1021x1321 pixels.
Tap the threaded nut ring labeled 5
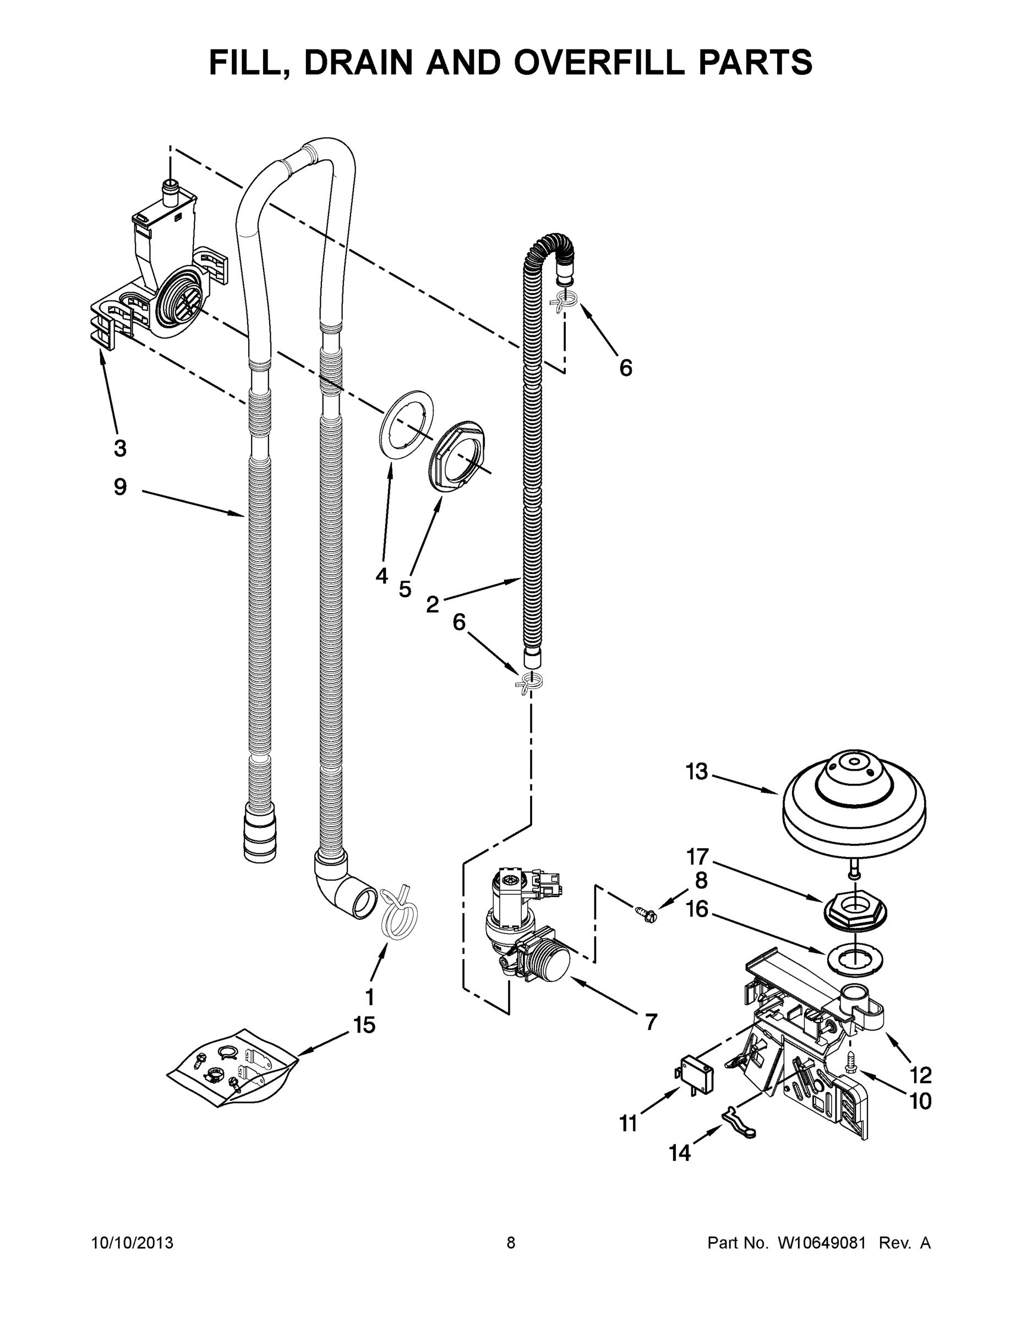(x=458, y=454)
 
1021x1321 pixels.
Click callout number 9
(x=121, y=487)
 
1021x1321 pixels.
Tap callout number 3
(x=121, y=448)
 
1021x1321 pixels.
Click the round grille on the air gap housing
(x=179, y=298)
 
